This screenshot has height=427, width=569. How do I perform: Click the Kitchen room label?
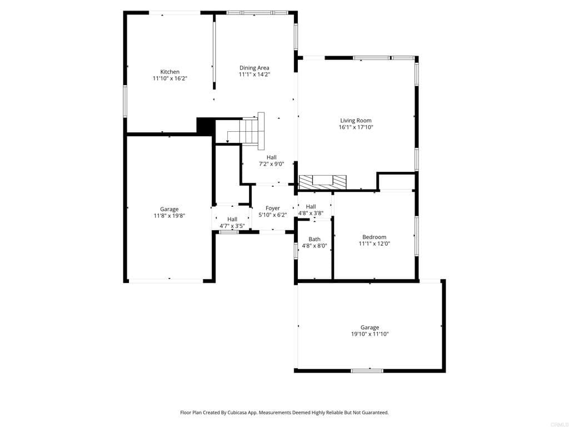[169, 72]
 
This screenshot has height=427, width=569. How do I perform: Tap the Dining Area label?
[254, 68]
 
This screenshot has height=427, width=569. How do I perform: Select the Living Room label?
[356, 120]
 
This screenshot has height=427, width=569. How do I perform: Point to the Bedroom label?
[374, 237]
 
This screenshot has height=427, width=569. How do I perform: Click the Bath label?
[315, 239]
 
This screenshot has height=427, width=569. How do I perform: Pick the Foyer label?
[272, 208]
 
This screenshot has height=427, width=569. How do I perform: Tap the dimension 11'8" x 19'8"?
[169, 216]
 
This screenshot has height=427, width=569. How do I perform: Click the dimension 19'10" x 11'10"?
[370, 334]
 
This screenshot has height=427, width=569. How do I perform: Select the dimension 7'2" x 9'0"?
[271, 164]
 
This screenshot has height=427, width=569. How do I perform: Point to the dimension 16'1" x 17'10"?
[356, 127]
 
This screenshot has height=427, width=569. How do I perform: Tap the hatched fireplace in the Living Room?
[322, 181]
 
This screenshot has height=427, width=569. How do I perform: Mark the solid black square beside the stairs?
[206, 126]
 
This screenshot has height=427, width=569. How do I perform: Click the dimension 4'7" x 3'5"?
[232, 226]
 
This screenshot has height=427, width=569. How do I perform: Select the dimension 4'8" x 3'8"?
[311, 213]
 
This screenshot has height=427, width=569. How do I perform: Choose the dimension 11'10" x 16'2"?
[169, 78]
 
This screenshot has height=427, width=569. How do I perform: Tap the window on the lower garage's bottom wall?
[367, 370]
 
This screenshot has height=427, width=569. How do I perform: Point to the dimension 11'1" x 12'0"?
[374, 244]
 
